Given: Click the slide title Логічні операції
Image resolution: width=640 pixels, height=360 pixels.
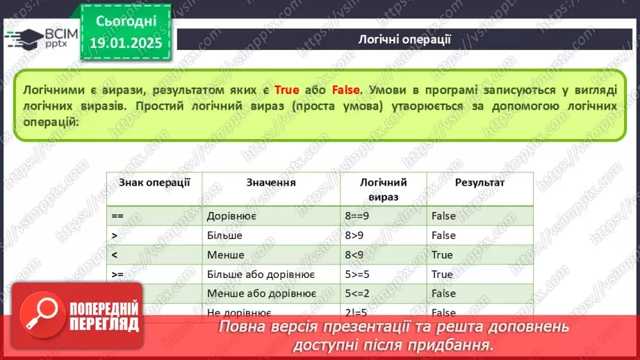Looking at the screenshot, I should [404, 39].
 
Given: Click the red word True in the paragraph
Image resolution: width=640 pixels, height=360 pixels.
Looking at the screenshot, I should [287, 90].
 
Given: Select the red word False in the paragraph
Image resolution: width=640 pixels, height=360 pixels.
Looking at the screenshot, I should [345, 90].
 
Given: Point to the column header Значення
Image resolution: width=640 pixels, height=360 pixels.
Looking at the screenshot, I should [271, 183].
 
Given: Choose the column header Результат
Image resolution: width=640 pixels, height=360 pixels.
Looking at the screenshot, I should [479, 183].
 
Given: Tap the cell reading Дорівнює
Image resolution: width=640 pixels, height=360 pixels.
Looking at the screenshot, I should [232, 216].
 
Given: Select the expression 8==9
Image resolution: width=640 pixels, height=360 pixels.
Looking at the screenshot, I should [359, 216].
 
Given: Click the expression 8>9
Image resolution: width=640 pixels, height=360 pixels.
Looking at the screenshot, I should [354, 236].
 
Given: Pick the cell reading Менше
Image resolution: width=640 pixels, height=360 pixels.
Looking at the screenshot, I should [225, 255].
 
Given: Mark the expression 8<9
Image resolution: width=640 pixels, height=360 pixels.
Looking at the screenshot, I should [354, 255].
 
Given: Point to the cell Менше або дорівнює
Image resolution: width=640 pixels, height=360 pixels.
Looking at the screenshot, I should [261, 294].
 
